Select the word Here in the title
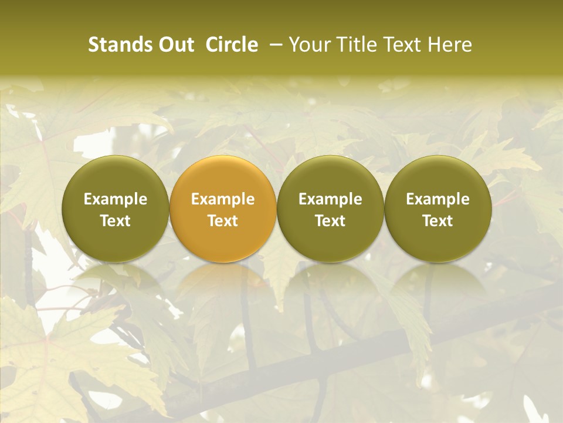click(449, 45)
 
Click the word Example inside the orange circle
click(223, 199)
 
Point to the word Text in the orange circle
click(223, 221)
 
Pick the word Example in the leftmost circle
click(116, 199)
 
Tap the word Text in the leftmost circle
click(116, 221)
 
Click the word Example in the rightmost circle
click(438, 199)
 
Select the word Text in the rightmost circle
click(438, 221)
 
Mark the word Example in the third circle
click(330, 199)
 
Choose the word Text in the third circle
click(330, 221)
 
